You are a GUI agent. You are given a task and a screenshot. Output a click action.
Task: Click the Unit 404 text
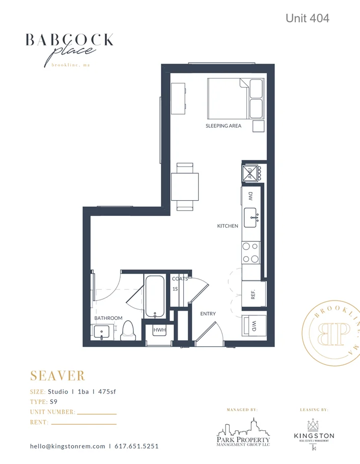click(307, 18)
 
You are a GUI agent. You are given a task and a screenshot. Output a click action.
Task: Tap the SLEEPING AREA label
click(223, 126)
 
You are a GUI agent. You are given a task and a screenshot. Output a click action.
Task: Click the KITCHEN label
click(228, 226)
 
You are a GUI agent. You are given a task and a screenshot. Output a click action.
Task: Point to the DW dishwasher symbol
click(251, 196)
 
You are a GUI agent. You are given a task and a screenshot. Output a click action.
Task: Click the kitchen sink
click(252, 217)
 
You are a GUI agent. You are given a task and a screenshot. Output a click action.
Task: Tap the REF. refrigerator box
click(252, 295)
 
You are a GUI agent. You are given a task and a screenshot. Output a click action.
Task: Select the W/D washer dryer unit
click(252, 326)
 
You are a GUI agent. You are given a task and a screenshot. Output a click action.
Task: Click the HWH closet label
click(160, 331)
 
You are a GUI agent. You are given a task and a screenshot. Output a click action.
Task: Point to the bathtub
click(154, 296)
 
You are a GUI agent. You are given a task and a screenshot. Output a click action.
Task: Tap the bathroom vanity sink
click(103, 333)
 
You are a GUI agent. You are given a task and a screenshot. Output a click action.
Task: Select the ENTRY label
click(208, 314)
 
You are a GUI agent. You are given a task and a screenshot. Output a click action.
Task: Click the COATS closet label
click(179, 279)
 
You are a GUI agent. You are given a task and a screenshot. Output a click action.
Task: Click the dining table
click(185, 186)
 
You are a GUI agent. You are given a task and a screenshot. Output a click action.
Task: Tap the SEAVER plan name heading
click(58, 376)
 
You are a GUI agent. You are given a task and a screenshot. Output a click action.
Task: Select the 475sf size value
click(110, 392)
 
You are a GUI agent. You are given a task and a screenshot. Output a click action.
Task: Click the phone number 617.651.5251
click(136, 446)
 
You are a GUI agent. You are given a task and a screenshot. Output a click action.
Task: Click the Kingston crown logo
click(314, 424)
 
